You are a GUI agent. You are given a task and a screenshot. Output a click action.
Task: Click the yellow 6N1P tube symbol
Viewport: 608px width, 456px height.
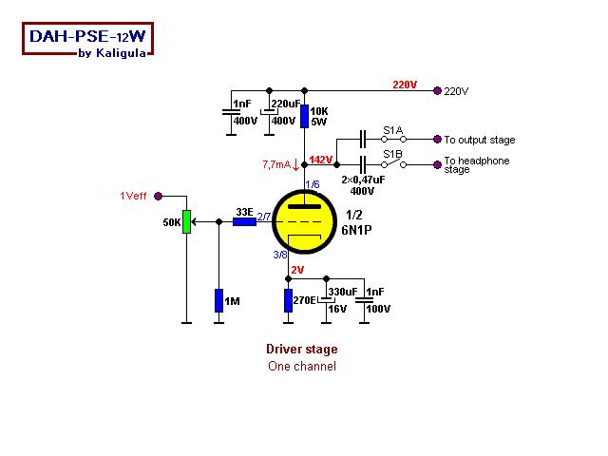[x=307, y=223]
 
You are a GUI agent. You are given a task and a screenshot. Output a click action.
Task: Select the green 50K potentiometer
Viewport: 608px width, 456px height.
[x=186, y=221]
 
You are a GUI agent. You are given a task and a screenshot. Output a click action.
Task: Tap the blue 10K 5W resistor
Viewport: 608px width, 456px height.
[x=305, y=117]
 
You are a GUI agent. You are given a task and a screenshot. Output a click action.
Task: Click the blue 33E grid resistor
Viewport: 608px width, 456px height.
[x=244, y=222]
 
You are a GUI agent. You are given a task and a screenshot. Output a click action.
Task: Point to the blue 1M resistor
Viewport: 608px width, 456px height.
[x=219, y=302]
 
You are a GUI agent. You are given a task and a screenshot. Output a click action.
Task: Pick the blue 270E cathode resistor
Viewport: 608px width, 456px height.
[x=288, y=302]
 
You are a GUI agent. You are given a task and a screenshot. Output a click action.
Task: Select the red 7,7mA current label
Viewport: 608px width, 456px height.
[x=277, y=164]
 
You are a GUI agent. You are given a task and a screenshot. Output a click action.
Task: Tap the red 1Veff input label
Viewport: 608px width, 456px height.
[x=134, y=196]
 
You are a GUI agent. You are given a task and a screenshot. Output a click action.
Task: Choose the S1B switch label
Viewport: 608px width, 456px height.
[x=392, y=153]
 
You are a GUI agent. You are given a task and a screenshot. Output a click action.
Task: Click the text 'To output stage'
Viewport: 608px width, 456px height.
[x=479, y=140]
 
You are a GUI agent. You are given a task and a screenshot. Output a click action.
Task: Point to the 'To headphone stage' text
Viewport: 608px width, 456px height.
[x=476, y=165]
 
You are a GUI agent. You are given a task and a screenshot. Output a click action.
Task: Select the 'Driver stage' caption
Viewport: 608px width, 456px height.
[x=301, y=350]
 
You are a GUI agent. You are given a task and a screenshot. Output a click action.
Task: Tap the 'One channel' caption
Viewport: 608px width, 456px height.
[x=301, y=366]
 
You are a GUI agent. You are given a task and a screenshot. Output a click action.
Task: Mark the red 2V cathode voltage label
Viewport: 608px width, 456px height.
[x=297, y=271]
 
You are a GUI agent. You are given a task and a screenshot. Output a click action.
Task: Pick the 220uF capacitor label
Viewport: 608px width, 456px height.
[x=285, y=104]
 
